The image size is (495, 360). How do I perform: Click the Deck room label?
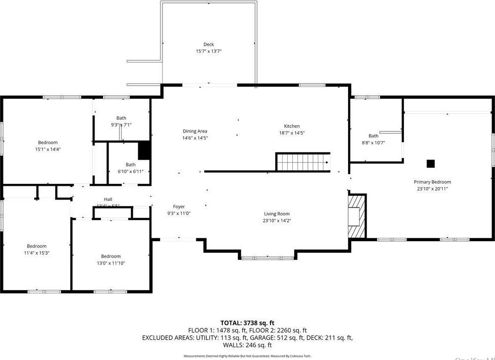209,44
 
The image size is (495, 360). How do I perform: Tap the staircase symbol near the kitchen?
303,162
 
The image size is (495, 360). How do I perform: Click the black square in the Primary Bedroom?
431,163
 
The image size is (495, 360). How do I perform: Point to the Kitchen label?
292,126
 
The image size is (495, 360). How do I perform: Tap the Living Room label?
277,213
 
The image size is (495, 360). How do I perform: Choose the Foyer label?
179,206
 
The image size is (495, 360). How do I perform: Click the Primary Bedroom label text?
432,182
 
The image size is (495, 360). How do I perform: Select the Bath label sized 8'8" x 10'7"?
373,136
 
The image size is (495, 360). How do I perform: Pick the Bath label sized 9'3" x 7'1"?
121,118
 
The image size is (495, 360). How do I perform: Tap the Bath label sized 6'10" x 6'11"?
130,164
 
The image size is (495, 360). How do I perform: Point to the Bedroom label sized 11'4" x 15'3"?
37,246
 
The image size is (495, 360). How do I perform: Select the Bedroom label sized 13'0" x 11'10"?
111,256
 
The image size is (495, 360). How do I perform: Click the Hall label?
108,199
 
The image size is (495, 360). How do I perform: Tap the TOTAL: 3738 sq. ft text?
247,322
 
